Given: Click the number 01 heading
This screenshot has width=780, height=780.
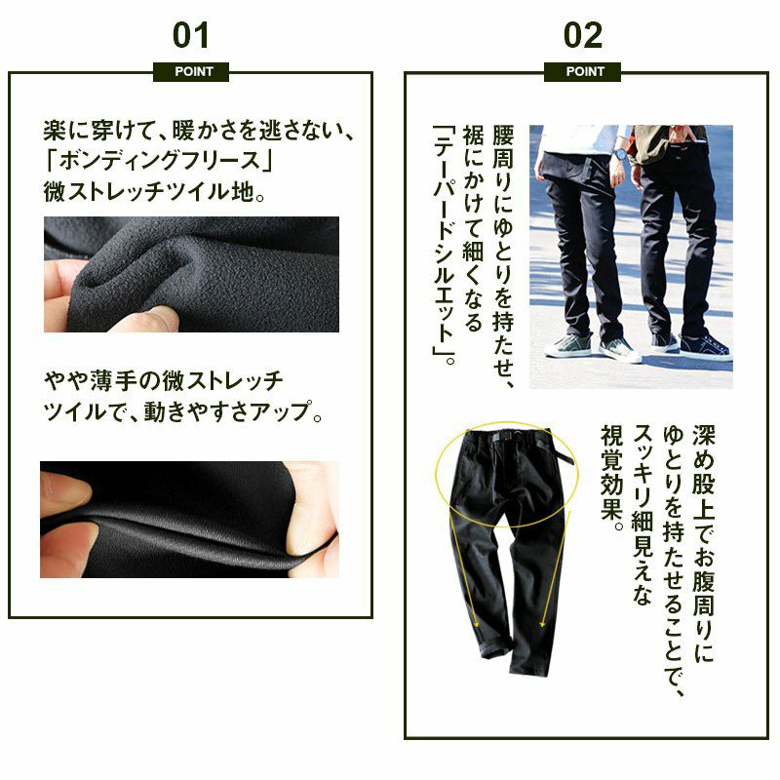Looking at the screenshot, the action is [x=190, y=35].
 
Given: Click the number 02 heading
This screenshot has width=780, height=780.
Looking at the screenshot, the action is [x=582, y=35].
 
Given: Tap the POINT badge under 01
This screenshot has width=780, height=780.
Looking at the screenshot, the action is [x=191, y=71].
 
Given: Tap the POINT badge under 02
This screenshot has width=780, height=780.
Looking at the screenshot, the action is [x=582, y=71].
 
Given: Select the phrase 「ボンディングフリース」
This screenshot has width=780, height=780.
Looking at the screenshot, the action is [x=159, y=161].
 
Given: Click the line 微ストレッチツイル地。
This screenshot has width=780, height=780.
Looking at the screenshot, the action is [x=155, y=191].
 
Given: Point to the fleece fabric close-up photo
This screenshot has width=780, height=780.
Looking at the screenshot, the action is [x=191, y=274].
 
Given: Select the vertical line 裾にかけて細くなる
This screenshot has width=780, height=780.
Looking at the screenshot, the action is [x=473, y=228].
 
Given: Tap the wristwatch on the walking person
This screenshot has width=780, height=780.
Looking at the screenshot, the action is [x=619, y=154].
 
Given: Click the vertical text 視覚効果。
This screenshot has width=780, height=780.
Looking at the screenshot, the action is [x=612, y=478].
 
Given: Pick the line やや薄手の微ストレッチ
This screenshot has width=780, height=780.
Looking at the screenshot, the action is [x=164, y=381].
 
